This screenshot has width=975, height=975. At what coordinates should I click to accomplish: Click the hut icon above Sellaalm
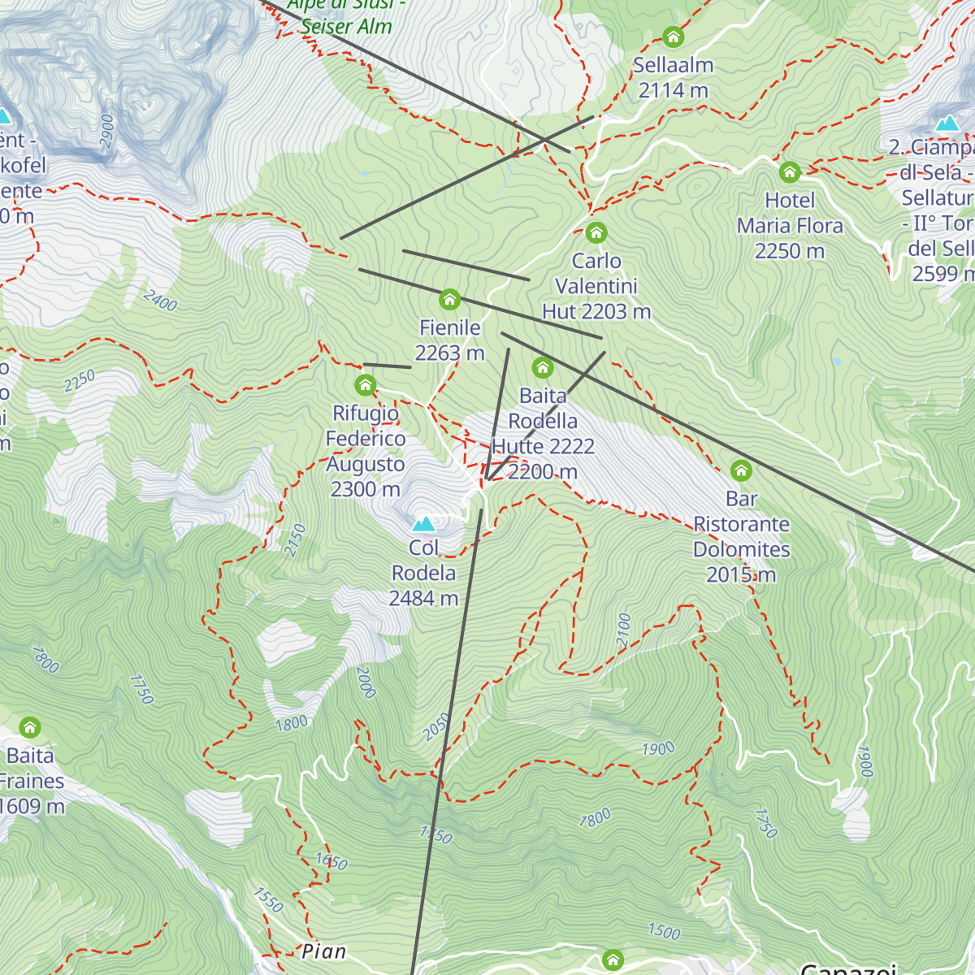(673, 37)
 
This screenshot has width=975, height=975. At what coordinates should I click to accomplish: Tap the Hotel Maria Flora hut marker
(790, 172)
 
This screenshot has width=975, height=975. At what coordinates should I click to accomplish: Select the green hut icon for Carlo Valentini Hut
(596, 233)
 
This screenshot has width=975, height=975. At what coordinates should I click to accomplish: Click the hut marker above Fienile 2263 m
(449, 300)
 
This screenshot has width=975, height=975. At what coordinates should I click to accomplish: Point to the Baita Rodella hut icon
(543, 368)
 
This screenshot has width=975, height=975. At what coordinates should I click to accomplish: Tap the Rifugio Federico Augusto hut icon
(366, 385)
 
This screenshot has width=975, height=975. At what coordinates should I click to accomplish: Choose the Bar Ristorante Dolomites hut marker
(741, 470)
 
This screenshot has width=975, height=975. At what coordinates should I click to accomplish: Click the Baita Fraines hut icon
(30, 727)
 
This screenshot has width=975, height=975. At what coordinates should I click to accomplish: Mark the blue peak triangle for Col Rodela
(423, 524)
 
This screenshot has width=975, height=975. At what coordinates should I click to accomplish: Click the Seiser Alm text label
(346, 26)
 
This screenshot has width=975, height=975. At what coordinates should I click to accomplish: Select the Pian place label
(323, 951)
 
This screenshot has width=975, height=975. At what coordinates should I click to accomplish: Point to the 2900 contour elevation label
(107, 131)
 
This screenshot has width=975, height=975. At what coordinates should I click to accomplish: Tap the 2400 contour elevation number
(160, 301)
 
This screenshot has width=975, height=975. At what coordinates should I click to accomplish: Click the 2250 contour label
(80, 381)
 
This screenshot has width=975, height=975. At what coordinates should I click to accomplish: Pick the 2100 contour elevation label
(624, 630)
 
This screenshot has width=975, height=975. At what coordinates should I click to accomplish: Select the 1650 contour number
(331, 861)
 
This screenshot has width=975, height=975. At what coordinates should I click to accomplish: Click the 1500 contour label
(664, 931)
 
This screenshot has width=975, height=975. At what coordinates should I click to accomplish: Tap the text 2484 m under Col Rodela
(423, 599)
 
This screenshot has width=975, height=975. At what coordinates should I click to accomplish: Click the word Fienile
(449, 327)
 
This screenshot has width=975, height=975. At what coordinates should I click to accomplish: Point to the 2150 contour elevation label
(296, 540)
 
